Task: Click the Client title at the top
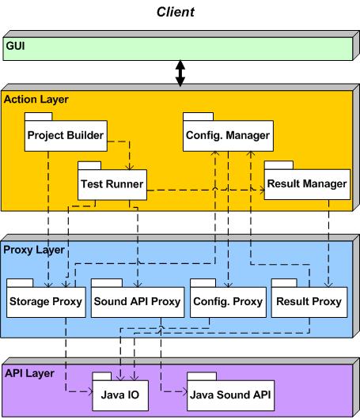pyautogui.click(x=176, y=12)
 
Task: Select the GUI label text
pyautogui.click(x=15, y=46)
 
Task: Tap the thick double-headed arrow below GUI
pyautogui.click(x=180, y=74)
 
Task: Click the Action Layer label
pyautogui.click(x=36, y=100)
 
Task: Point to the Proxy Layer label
pyautogui.click(x=34, y=250)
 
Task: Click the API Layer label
pyautogui.click(x=29, y=374)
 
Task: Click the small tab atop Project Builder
pyautogui.click(x=38, y=117)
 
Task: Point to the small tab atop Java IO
pyautogui.click(x=101, y=376)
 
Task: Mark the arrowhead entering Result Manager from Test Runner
pyautogui.click(x=262, y=190)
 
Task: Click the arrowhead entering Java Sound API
pyautogui.click(x=185, y=392)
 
